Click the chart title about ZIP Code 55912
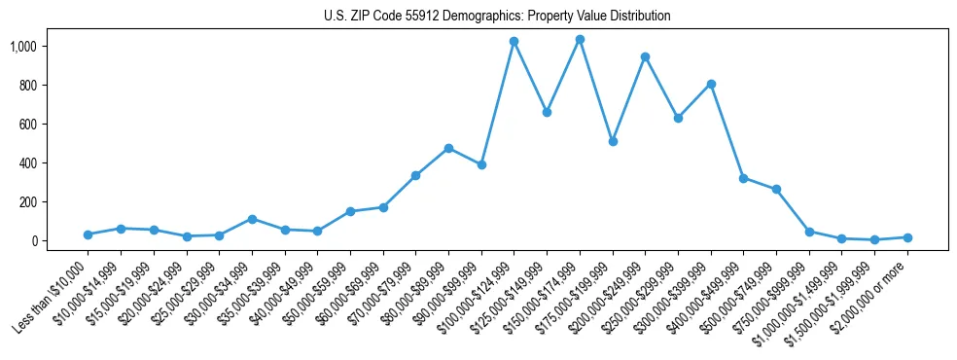pyautogui.click(x=497, y=16)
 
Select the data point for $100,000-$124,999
pyautogui.click(x=514, y=42)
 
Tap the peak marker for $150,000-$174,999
pyautogui.click(x=580, y=40)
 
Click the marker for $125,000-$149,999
pyautogui.click(x=547, y=113)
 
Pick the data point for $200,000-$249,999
pyautogui.click(x=645, y=57)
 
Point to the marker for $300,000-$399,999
pyautogui.click(x=711, y=84)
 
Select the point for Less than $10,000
pyautogui.click(x=89, y=234)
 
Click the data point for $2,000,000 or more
pyautogui.click(x=907, y=237)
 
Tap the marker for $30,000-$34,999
pyautogui.click(x=252, y=219)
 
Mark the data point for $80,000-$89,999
pyautogui.click(x=448, y=148)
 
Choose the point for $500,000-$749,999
pyautogui.click(x=776, y=190)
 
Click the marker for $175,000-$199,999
pyautogui.click(x=612, y=141)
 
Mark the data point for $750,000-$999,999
pyautogui.click(x=809, y=232)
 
